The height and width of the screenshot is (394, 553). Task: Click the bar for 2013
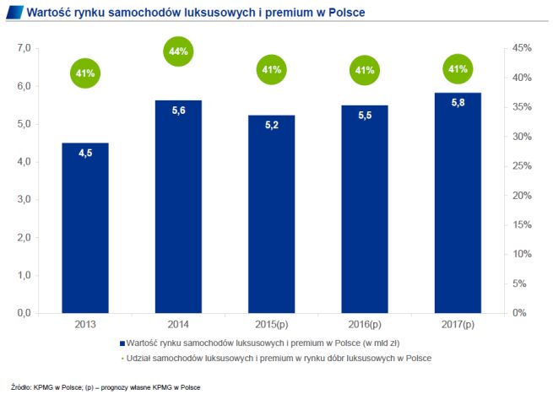pyautogui.click(x=85, y=228)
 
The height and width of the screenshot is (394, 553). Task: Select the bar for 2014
pyautogui.click(x=178, y=207)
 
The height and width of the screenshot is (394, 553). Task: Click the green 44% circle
pyautogui.click(x=179, y=51)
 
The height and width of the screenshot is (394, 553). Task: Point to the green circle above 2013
pyautogui.click(x=85, y=73)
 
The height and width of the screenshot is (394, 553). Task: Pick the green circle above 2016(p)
pyautogui.click(x=365, y=71)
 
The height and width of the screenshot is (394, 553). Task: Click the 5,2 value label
pyautogui.click(x=272, y=124)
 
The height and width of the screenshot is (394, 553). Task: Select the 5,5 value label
pyautogui.click(x=365, y=114)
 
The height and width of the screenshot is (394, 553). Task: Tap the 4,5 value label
pyautogui.click(x=85, y=153)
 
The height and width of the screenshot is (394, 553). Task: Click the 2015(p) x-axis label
pyautogui.click(x=271, y=324)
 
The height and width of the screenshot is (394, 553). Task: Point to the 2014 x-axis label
pyautogui.click(x=178, y=324)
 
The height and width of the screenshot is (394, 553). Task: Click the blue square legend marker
pyautogui.click(x=123, y=344)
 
